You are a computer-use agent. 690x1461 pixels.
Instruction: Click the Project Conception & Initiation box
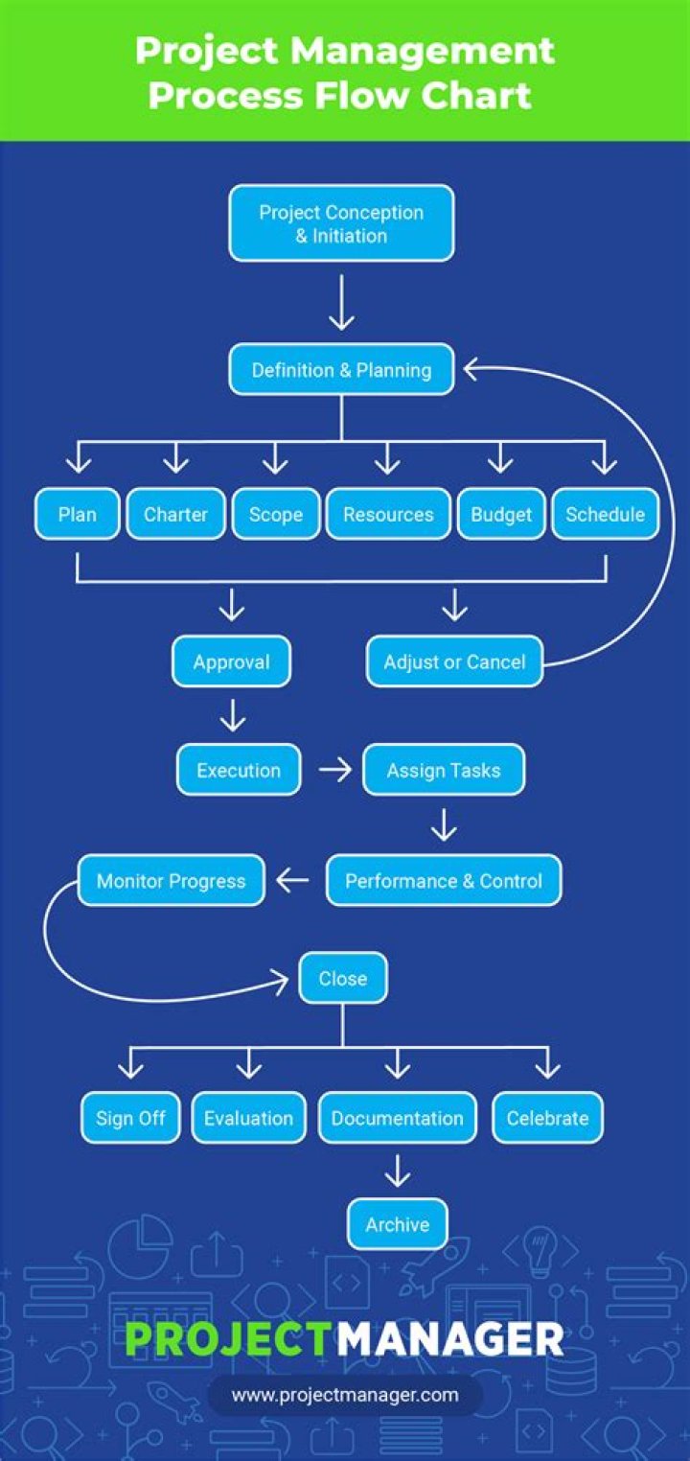341,223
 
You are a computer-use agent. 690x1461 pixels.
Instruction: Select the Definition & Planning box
341,370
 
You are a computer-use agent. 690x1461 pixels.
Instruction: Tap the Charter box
175,515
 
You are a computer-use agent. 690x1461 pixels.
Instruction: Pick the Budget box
500,515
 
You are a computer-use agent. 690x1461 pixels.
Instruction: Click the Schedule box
605,515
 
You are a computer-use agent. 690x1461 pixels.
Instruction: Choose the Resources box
388,515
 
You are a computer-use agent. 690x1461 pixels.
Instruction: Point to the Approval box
231,661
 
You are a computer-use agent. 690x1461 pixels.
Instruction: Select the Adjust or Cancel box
454,661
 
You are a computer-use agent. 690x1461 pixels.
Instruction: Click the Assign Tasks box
443,770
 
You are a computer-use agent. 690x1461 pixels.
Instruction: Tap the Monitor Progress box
172,881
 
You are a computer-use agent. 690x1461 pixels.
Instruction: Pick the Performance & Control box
443,881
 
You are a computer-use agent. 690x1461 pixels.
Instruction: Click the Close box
342,979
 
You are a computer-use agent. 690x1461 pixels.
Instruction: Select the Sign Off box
130,1118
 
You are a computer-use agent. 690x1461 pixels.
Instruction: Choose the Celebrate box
547,1118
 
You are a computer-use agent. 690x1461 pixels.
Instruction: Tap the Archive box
397,1224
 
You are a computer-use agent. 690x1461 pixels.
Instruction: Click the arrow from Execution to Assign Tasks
334,771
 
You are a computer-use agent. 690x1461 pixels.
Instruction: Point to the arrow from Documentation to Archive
397,1171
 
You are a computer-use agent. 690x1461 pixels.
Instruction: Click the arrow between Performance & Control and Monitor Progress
293,880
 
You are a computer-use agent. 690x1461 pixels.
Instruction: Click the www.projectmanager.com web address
345,1395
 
